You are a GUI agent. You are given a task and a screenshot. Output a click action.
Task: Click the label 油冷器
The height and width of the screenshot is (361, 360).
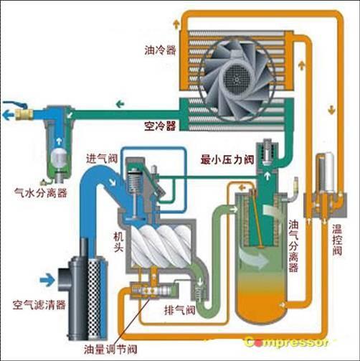point(160,50)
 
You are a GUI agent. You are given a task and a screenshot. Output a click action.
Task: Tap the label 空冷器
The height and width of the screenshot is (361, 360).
point(160,126)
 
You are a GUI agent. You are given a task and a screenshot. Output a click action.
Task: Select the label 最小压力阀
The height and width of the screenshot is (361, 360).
point(227,159)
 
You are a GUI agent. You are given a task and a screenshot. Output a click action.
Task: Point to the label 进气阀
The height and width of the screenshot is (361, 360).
point(102,159)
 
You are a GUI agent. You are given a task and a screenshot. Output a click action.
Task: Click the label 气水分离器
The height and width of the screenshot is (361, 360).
point(41,192)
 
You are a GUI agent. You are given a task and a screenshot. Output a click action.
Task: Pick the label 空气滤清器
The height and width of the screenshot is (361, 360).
point(39,304)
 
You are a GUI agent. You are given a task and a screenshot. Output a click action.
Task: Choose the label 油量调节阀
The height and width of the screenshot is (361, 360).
point(110,350)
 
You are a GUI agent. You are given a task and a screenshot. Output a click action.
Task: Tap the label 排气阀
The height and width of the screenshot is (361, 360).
point(180,310)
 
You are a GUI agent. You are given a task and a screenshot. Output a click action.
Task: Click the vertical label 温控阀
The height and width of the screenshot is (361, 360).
point(337,240)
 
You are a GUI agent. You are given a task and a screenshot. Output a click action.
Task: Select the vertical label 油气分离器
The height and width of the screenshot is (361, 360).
point(293,246)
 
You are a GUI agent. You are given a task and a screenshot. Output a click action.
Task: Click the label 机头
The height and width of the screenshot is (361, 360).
point(118,243)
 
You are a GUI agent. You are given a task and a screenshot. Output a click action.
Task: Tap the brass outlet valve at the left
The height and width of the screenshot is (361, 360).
point(24,114)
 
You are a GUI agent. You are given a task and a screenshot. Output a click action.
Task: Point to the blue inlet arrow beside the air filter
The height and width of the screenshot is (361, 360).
point(47,280)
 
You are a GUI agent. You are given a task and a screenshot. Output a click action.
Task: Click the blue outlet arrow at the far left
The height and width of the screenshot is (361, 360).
point(9,115)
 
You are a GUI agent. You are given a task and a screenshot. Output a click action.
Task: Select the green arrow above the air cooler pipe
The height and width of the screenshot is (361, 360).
point(120,104)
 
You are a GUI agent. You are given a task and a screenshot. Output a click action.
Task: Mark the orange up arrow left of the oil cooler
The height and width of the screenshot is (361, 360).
point(176,24)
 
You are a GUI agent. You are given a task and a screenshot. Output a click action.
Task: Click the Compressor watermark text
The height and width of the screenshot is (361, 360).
point(286,342)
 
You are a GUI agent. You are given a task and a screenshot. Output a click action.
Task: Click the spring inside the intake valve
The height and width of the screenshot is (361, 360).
point(135,182)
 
